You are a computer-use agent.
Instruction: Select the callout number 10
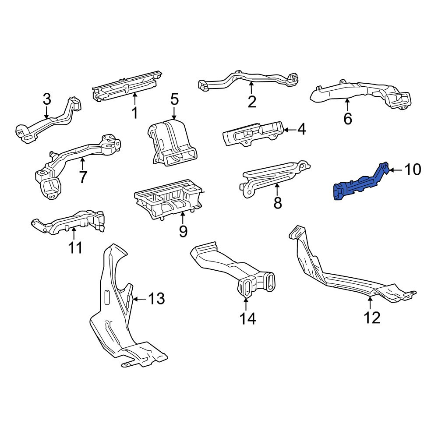tap(413, 170)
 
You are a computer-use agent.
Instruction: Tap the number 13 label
tap(156, 299)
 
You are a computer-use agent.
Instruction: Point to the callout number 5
tap(174, 99)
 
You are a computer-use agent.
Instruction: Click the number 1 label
tap(135, 113)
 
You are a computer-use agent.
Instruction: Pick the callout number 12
tap(372, 318)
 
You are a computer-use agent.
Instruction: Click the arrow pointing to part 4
tap(290, 130)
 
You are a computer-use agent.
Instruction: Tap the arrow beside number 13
tap(140, 299)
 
